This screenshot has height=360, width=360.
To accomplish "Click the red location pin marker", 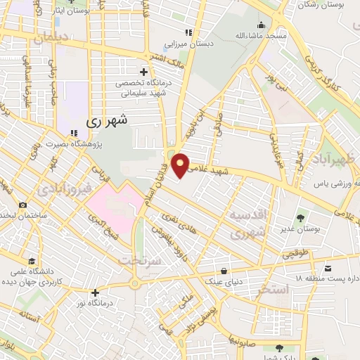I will click(181, 165).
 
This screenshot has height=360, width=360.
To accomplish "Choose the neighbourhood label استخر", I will click(273, 289).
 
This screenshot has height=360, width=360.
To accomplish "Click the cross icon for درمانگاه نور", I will click(95, 292).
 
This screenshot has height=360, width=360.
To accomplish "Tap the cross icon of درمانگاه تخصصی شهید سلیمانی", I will click(144, 72).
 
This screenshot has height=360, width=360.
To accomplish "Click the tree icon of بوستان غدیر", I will click(302, 218).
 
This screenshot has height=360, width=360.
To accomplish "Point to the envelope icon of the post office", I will click(328, 267).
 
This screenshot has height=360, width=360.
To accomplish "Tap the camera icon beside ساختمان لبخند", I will click(23, 205).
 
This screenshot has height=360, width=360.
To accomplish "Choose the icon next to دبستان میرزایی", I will click(188, 32).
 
